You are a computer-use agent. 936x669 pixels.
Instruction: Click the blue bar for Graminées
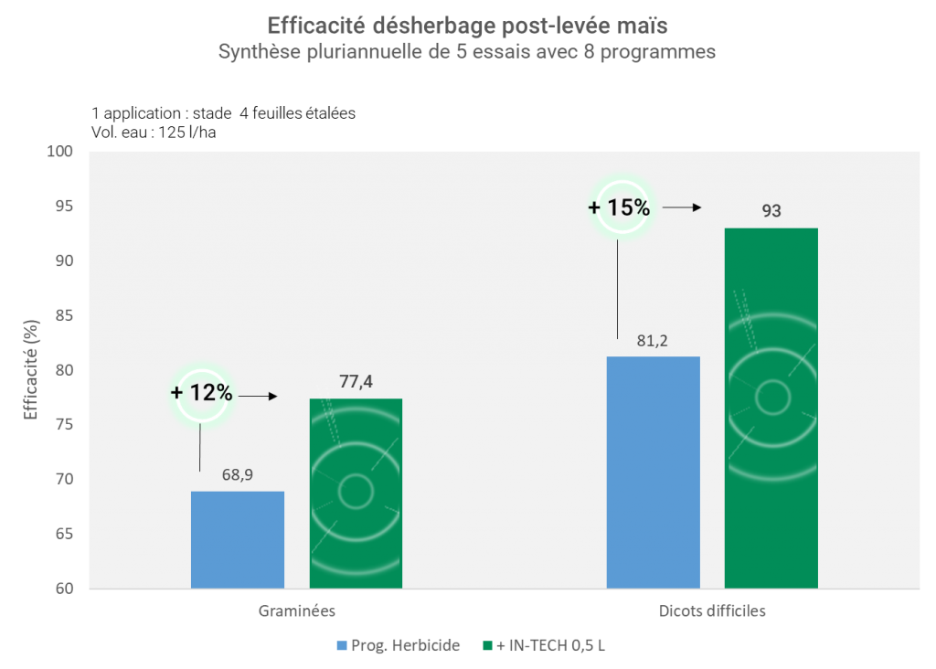pos(238,539)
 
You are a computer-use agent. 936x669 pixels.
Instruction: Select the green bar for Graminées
pos(356,494)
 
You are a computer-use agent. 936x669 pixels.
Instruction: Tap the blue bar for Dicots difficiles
pos(653,472)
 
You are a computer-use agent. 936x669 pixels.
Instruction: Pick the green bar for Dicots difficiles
pos(771,408)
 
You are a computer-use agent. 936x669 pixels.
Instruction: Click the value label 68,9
pos(238,476)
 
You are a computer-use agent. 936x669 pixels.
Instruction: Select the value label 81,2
pos(654,341)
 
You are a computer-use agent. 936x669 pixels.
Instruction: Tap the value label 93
pos(771,211)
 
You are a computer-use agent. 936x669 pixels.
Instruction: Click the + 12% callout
pos(201,395)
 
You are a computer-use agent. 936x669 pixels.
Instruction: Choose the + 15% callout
pos(620,207)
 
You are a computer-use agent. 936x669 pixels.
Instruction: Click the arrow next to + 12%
pos(258,397)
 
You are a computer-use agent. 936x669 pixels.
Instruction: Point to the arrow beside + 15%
pos(681,208)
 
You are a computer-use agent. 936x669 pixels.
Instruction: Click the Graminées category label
pos(296,611)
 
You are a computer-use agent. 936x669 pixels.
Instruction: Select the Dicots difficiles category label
pos(712,611)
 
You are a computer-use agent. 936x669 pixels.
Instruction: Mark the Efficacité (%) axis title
pos(30,369)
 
